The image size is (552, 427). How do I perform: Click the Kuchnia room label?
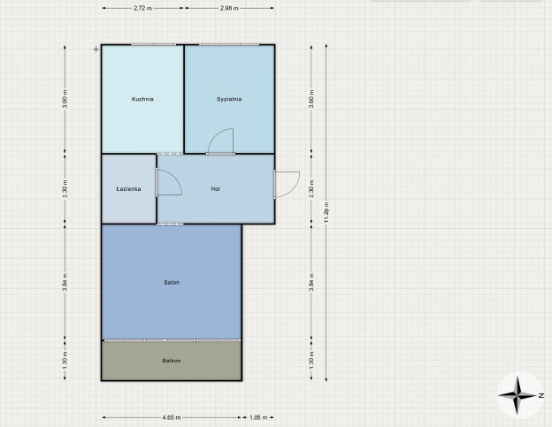click(142, 99)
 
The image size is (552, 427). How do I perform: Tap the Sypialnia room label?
click(229, 99)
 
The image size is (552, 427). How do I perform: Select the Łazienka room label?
click(128, 189)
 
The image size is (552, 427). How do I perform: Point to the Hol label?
click(216, 189)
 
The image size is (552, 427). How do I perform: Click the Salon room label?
click(172, 282)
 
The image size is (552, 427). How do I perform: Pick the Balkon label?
click(172, 361)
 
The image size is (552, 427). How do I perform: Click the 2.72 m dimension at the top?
click(143, 8)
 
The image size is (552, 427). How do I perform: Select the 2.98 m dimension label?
click(229, 8)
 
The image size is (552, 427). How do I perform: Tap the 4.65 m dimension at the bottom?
click(172, 417)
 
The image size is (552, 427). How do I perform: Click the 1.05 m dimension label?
click(258, 417)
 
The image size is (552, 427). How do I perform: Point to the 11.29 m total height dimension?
click(326, 212)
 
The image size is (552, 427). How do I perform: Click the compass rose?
click(517, 395)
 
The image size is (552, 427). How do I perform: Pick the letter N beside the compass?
click(541, 396)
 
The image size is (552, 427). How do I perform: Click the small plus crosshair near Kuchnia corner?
click(96, 50)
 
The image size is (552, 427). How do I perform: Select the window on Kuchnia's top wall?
click(154, 45)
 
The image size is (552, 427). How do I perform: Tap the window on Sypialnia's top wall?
click(229, 45)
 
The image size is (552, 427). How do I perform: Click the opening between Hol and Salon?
click(170, 224)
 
